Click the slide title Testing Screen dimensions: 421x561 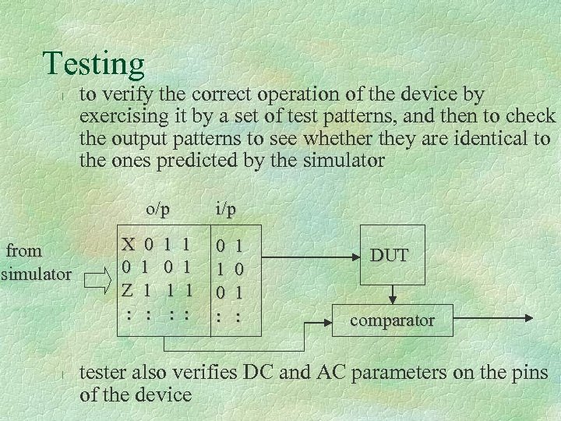[x=93, y=64]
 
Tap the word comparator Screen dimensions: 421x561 [x=392, y=320]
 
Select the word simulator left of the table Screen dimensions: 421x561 [x=36, y=274]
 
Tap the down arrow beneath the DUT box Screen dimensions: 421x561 [x=393, y=295]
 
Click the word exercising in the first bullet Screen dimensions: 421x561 [x=119, y=117]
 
